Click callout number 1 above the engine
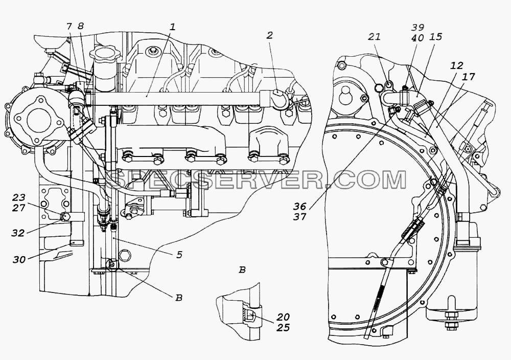point(173,27)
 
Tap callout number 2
point(269,35)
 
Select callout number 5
point(179,254)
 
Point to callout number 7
point(69,27)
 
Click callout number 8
point(80,27)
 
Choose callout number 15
point(436,36)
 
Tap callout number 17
point(468,77)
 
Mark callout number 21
point(374,36)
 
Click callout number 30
point(19,259)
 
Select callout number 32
point(18,233)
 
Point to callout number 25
point(283,327)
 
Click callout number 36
point(300,206)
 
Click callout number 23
point(19,197)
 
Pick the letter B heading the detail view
point(242,270)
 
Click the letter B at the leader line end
point(178,298)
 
